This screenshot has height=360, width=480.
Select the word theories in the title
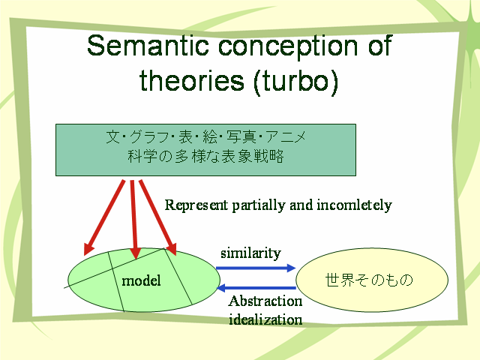(x=192, y=80)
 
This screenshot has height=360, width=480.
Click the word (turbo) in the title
(x=296, y=82)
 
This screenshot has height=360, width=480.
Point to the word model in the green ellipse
(x=141, y=280)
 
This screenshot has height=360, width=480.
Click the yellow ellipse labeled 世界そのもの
(x=372, y=280)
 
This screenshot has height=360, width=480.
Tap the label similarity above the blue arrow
(x=250, y=253)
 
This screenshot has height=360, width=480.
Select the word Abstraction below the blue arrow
(x=265, y=301)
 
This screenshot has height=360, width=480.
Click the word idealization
(x=265, y=319)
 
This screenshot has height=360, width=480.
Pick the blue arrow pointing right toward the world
(x=256, y=268)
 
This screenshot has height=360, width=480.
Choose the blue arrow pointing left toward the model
(x=256, y=288)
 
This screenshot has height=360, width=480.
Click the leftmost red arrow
(x=104, y=217)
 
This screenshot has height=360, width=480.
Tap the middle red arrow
(x=133, y=219)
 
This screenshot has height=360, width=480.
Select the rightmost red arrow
(x=158, y=217)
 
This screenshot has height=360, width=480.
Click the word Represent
(x=196, y=205)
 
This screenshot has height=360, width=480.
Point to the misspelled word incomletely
(x=354, y=205)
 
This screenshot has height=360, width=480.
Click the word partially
(x=259, y=205)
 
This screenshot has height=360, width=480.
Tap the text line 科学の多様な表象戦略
(x=205, y=157)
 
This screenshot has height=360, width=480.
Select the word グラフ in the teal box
(x=148, y=136)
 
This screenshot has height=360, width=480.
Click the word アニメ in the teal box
(x=286, y=136)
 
